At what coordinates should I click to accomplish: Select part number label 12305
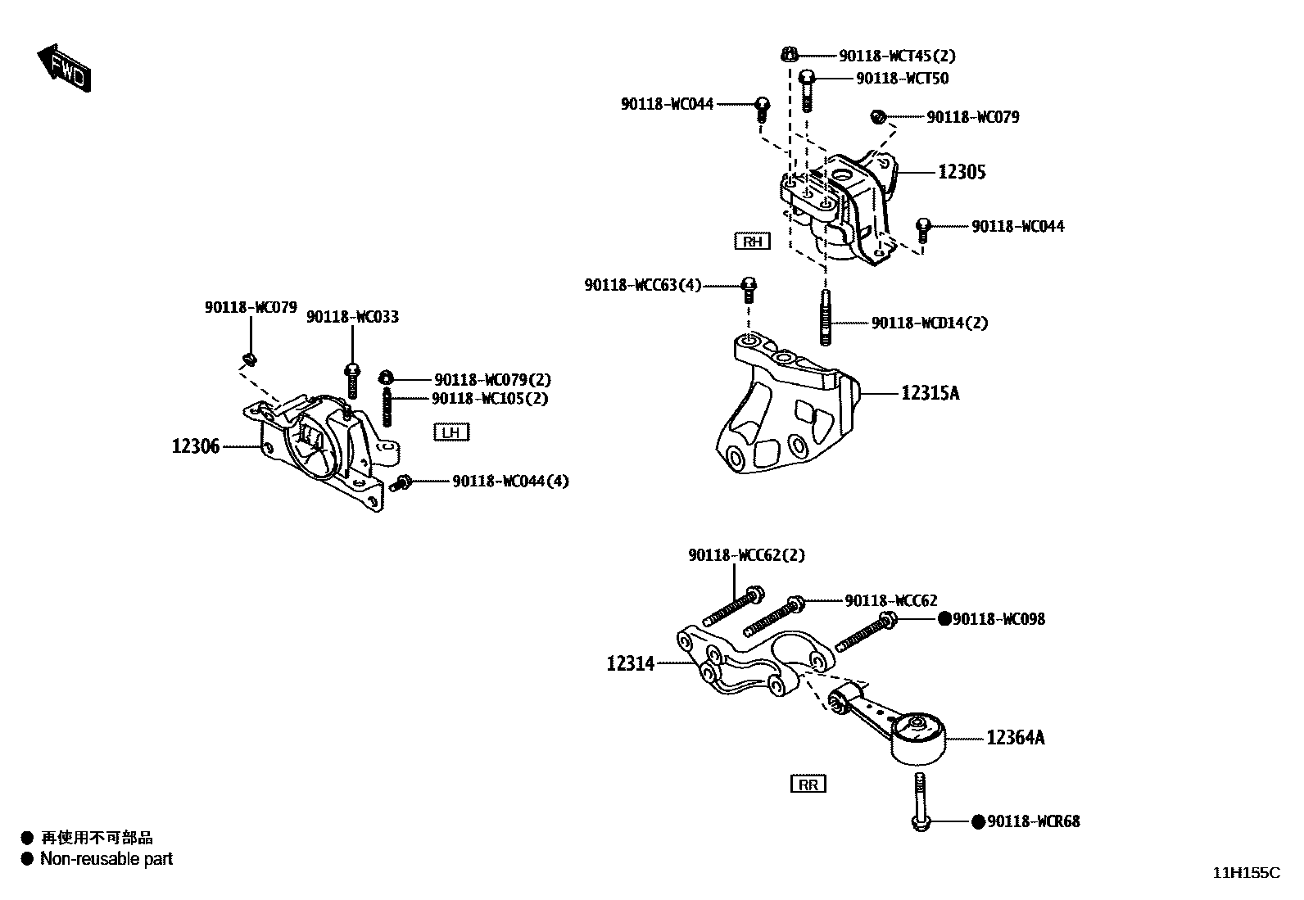962,172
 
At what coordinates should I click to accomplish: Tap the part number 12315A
930,394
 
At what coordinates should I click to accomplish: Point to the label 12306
196,447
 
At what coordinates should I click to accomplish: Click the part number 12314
631,664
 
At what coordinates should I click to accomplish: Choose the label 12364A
1015,738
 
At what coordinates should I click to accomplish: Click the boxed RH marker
752,241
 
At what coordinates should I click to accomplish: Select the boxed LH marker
451,432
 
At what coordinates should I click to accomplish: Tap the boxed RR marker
808,785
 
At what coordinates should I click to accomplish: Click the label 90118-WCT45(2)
897,56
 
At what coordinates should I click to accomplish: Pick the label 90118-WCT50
902,79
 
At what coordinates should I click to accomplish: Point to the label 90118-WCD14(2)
929,323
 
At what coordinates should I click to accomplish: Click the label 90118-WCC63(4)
643,285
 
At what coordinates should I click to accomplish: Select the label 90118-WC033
352,317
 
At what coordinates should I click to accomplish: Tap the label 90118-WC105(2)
490,399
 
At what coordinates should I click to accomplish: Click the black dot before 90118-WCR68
978,821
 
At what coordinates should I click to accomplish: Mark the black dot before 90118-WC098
944,619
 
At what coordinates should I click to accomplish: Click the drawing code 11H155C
1245,873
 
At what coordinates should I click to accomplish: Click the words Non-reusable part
106,859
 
